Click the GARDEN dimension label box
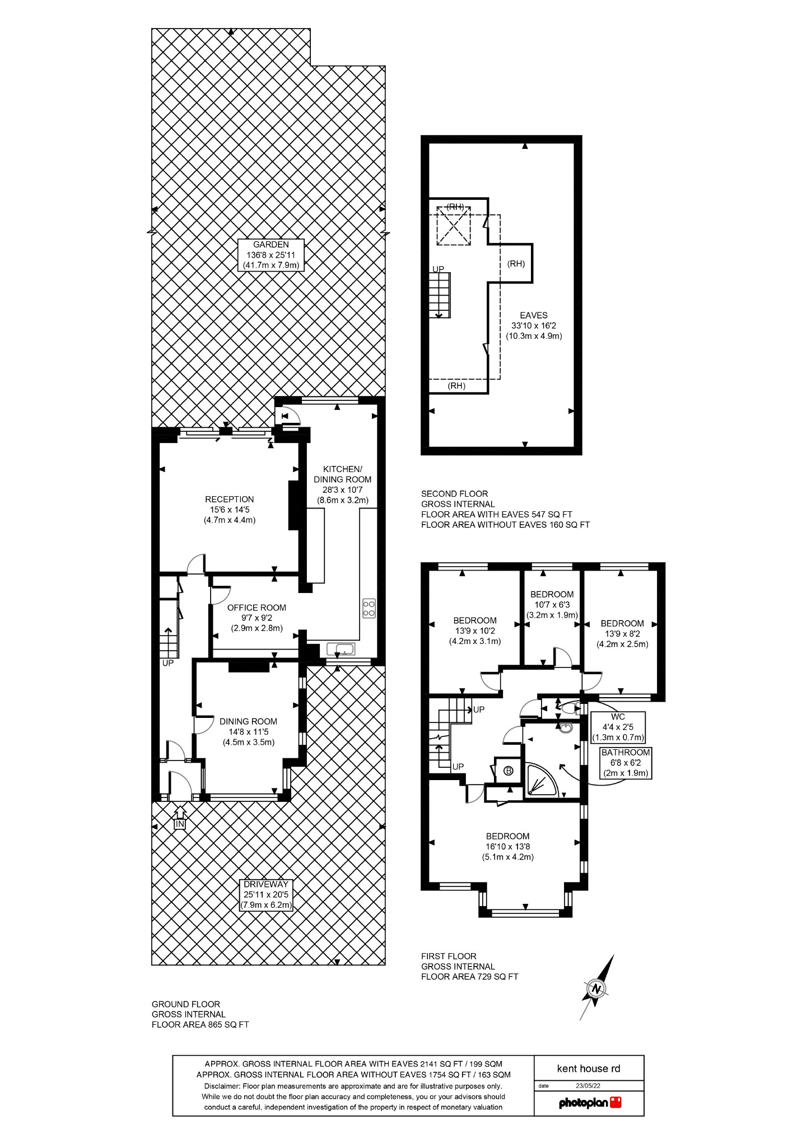[x=271, y=255]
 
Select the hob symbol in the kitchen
[x=369, y=608]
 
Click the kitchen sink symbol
[x=341, y=649]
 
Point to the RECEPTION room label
[x=230, y=509]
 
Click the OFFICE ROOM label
[x=257, y=617]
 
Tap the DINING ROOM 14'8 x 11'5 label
[x=248, y=731]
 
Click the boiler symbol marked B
[x=509, y=771]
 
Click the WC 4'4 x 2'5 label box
[x=618, y=726]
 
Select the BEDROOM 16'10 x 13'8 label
[x=508, y=846]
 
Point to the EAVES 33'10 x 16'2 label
[x=534, y=325]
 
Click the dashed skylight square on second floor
[x=453, y=226]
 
